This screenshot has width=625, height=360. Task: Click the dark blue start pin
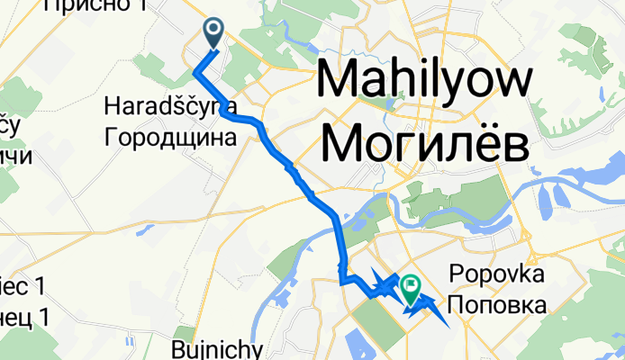[x=214, y=33]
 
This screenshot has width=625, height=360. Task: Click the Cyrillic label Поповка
[x=496, y=305]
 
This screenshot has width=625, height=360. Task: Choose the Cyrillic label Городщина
[x=170, y=138]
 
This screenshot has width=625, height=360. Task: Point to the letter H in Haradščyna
[x=112, y=106]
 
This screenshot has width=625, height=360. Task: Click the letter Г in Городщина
[x=111, y=138]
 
